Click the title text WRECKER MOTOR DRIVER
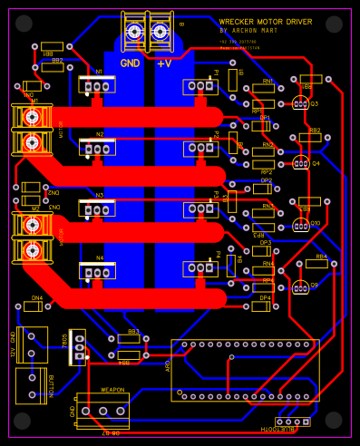click(x=266, y=22)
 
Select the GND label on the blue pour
click(x=130, y=63)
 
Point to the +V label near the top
click(x=164, y=63)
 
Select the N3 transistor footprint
click(x=97, y=210)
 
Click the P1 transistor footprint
click(x=200, y=86)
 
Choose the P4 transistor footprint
click(x=200, y=268)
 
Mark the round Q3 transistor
click(x=300, y=103)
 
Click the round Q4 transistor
click(x=300, y=163)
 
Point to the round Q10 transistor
click(x=301, y=224)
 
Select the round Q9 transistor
click(x=300, y=287)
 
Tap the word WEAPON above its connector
click(x=112, y=390)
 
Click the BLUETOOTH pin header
click(x=292, y=422)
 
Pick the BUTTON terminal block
click(x=31, y=387)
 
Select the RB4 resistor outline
click(x=316, y=263)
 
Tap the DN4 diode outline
click(x=36, y=305)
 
